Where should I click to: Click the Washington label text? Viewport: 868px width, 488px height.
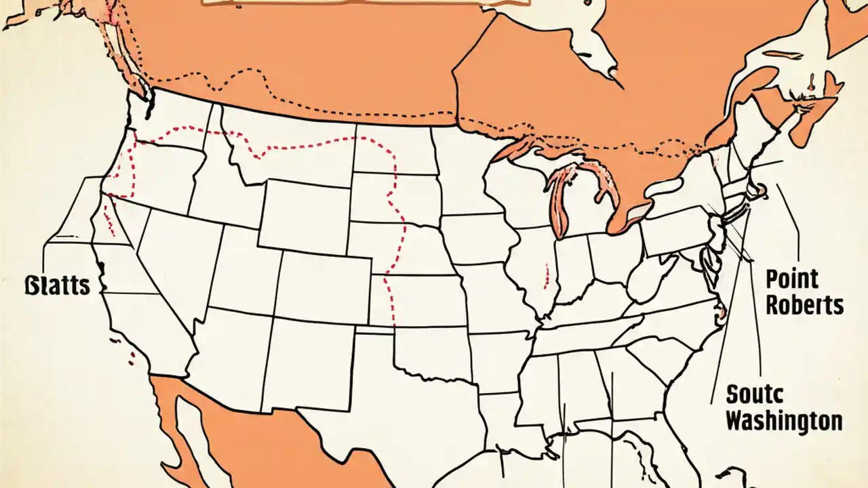pyautogui.click(x=784, y=420)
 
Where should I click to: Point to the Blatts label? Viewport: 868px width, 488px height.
pyautogui.click(x=57, y=285)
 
